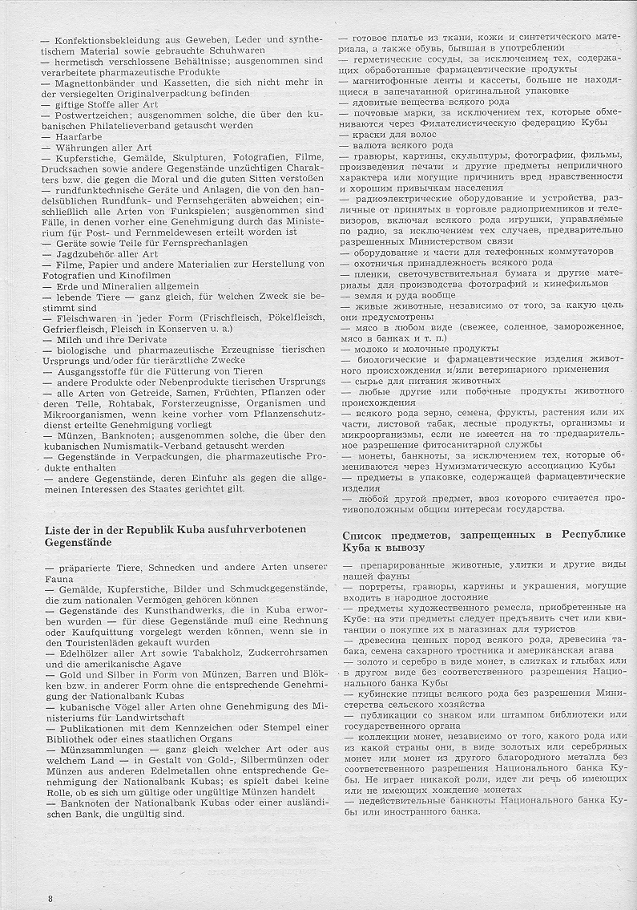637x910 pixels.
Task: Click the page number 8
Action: pyautogui.click(x=50, y=897)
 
